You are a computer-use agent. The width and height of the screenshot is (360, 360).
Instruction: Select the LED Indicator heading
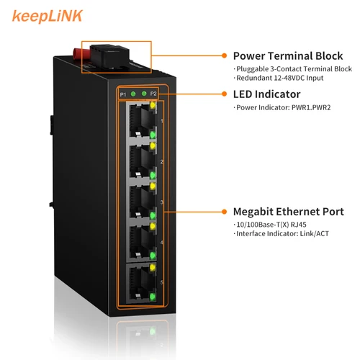tap(266, 94)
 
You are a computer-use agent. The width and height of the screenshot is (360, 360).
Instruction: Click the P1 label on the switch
tap(123, 95)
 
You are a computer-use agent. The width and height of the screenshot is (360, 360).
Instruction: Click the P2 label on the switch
tap(153, 94)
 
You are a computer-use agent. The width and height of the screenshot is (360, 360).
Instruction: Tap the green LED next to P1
tap(134, 94)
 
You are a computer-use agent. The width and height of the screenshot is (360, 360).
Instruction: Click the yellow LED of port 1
tap(153, 106)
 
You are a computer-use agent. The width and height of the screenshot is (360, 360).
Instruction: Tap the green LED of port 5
tap(153, 296)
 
